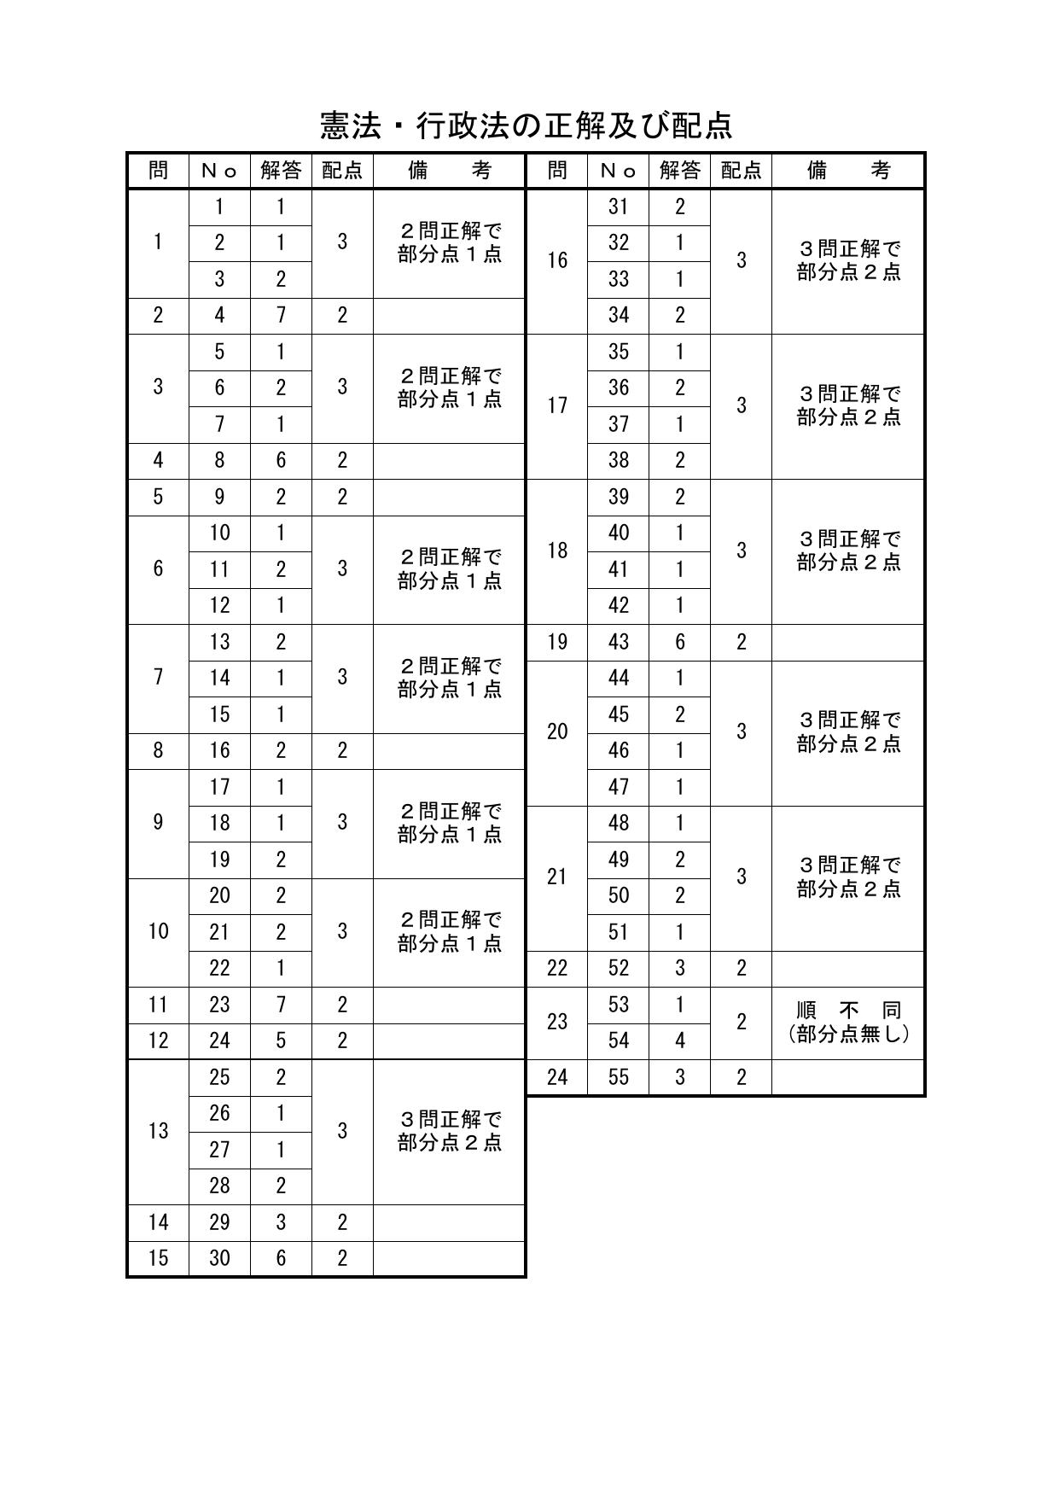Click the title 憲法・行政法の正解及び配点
point(527,126)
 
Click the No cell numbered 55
point(619,1077)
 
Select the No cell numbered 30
point(219,1258)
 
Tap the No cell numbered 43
point(619,642)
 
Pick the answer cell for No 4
point(281,315)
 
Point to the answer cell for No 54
point(680,1040)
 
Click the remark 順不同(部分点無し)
point(848,1023)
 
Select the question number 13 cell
point(158,1132)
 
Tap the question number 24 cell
point(557,1077)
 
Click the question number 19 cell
point(557,642)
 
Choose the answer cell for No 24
point(281,1040)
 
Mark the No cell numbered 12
point(219,605)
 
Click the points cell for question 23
point(741,1023)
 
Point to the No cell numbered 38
point(619,460)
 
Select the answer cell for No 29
point(281,1222)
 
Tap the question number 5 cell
point(158,497)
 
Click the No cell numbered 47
point(619,787)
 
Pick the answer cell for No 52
point(680,968)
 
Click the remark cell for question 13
point(449,1132)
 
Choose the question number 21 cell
point(557,877)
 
